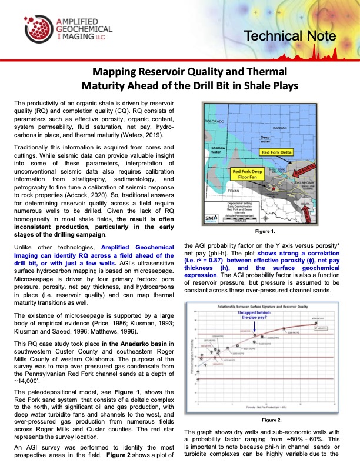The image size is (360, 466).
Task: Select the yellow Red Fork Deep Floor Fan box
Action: [x=251, y=174]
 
